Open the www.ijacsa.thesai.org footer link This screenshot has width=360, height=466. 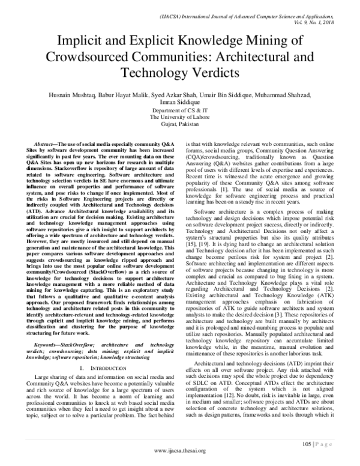coord(180,451)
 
